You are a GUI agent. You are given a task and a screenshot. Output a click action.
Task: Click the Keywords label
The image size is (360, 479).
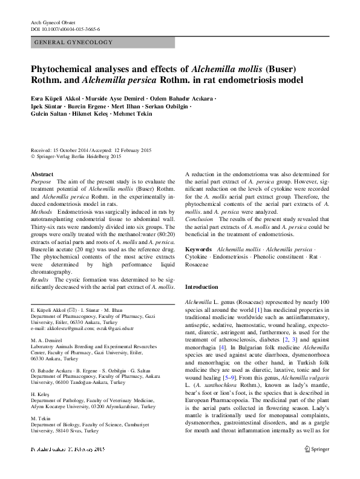point(198,249)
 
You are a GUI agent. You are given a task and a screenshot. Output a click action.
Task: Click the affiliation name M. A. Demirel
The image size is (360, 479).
point(45,341)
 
